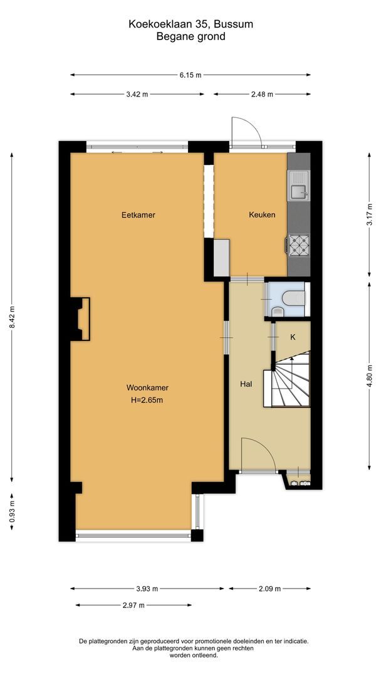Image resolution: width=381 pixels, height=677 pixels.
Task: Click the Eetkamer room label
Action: click(138, 215)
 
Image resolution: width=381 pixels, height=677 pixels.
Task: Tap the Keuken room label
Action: click(261, 215)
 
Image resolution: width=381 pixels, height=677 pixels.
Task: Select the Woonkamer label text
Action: click(147, 387)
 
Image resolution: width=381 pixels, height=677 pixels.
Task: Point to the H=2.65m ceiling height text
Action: click(147, 400)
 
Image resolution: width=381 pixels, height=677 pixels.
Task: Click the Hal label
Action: click(246, 384)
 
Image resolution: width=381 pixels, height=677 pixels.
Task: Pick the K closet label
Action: click(293, 337)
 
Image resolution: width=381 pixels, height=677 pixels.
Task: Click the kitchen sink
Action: click(298, 186)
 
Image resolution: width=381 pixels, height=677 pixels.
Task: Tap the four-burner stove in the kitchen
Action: click(298, 245)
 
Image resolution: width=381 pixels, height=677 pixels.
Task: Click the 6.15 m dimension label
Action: click(190, 75)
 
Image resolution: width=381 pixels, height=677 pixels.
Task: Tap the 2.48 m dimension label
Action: click(262, 95)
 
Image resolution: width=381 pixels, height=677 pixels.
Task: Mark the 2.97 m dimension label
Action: click(133, 606)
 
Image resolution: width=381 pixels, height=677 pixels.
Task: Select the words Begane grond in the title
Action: click(190, 37)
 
